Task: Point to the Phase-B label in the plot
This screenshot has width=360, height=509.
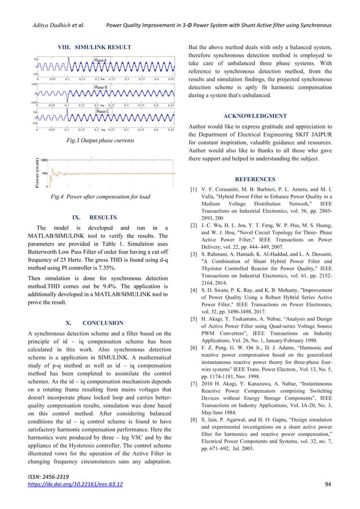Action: click(x=102, y=88)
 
